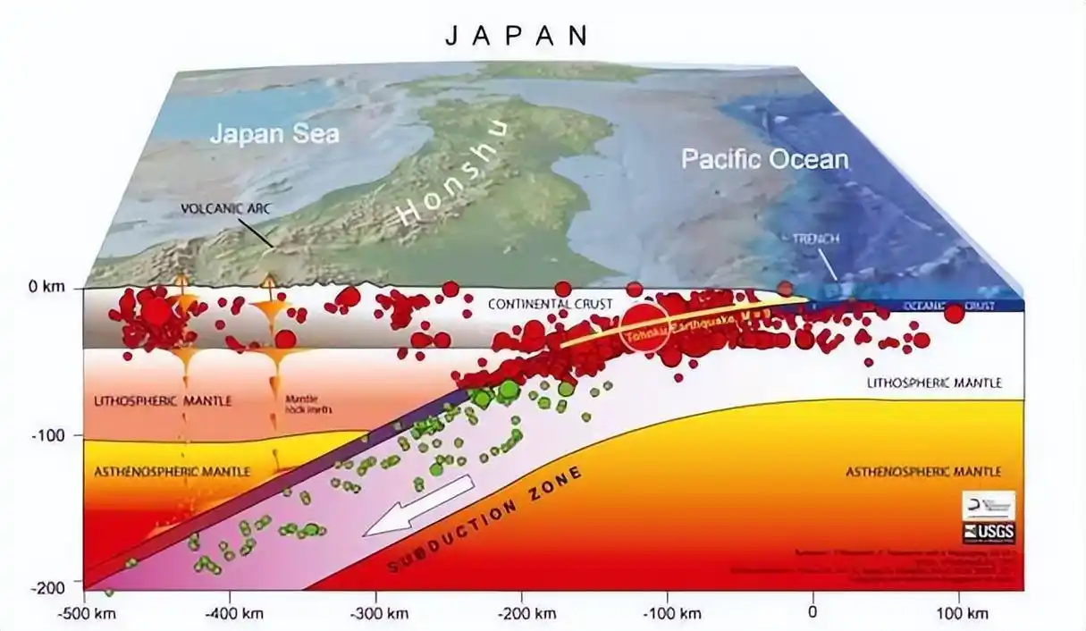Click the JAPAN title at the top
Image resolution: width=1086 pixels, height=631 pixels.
tap(518, 35)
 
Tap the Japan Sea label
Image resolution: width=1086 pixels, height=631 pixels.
tap(275, 134)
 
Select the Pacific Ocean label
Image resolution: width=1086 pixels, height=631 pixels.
tap(764, 160)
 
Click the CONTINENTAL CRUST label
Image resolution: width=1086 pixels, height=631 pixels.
tap(550, 305)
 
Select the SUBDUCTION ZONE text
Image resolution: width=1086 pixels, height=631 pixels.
tap(488, 518)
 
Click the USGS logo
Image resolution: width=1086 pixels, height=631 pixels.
tap(988, 534)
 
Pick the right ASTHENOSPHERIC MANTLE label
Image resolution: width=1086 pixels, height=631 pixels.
tap(923, 471)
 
